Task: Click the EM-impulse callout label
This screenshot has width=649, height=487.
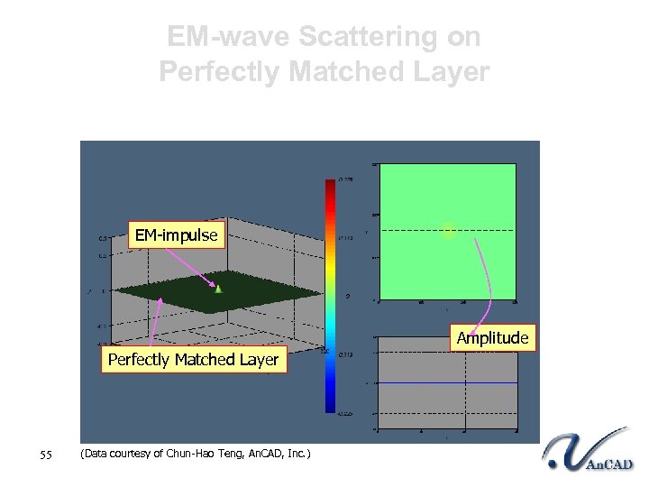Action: pos(176,235)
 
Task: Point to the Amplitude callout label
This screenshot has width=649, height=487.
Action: pos(492,337)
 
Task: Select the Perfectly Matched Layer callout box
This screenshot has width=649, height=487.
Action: pos(193,360)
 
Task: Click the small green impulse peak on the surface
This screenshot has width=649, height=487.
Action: pos(218,288)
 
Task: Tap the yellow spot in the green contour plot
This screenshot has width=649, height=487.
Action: pos(449,231)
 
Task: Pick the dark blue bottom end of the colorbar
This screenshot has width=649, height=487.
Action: pos(330,406)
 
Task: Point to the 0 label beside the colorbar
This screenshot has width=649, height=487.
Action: pos(348,296)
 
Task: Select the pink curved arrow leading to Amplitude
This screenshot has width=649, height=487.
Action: pos(482,280)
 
